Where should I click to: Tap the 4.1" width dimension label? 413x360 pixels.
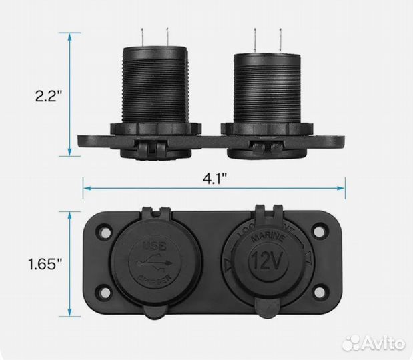tap(215, 179)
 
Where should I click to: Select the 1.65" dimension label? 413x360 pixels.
tap(45, 263)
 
